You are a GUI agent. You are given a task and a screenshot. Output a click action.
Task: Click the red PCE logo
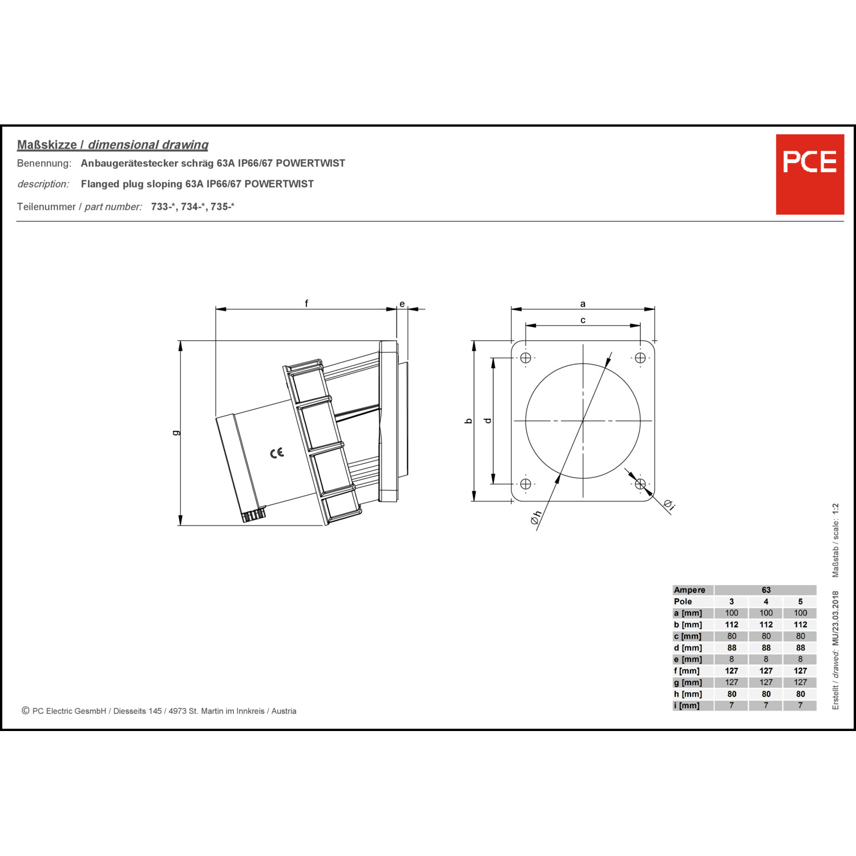[x=810, y=174]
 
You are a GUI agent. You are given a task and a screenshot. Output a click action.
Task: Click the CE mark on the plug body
[x=277, y=453]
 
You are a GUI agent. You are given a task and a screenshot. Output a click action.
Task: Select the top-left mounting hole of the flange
[x=526, y=358]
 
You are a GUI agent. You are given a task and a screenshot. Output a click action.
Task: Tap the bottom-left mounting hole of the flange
[x=526, y=484]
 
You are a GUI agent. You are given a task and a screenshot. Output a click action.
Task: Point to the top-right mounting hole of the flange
[x=640, y=358]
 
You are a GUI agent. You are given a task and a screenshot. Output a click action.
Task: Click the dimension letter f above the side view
[x=306, y=303]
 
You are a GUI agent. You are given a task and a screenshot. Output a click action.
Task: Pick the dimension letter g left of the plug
[x=176, y=433]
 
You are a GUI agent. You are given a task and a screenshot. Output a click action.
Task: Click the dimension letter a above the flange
[x=583, y=304]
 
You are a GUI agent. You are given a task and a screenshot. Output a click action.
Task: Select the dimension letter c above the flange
[x=583, y=320]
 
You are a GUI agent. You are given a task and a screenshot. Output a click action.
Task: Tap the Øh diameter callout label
[x=535, y=517]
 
